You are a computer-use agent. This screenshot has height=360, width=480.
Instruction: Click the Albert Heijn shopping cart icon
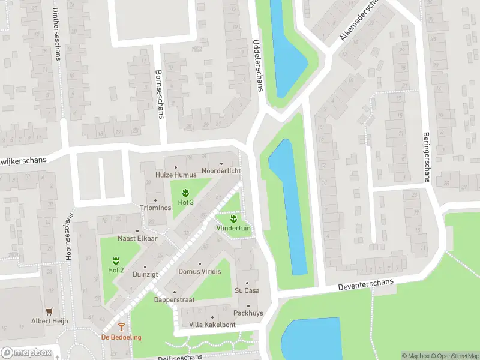click(50, 311)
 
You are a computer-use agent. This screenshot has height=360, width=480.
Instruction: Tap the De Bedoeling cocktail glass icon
click(121, 327)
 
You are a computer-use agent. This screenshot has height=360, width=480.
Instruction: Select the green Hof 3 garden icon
click(185, 193)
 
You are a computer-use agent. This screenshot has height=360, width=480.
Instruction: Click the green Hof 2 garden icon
click(116, 260)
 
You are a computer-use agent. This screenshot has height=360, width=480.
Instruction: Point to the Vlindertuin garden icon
click(233, 219)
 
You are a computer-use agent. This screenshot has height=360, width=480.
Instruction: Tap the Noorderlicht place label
click(221, 171)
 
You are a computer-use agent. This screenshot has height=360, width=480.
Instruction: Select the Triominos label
click(155, 208)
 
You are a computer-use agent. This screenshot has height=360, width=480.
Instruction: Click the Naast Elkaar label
click(137, 238)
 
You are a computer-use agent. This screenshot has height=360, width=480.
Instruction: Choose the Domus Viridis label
click(200, 271)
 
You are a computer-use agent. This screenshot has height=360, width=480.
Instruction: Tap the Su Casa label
click(247, 290)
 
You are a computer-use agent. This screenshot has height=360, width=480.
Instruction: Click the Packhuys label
click(248, 313)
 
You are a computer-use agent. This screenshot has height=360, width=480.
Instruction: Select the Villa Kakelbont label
click(212, 325)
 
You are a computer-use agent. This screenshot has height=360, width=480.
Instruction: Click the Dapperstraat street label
click(174, 299)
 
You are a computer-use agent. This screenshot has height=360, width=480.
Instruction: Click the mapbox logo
click(25, 353)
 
